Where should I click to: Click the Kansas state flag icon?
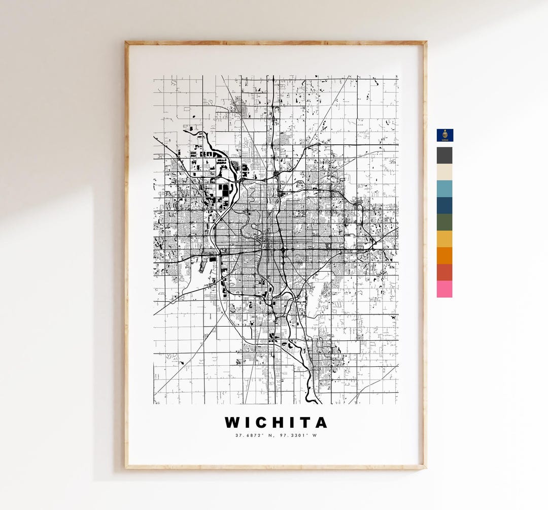pyautogui.click(x=445, y=135)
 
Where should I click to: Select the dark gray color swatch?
pyautogui.click(x=444, y=155)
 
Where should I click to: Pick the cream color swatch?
pyautogui.click(x=444, y=172)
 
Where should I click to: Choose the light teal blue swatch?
pyautogui.click(x=444, y=189)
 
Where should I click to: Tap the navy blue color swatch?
pyautogui.click(x=444, y=206)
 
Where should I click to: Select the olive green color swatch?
pyautogui.click(x=444, y=222)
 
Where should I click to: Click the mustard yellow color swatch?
pyautogui.click(x=444, y=239)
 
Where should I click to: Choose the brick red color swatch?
pyautogui.click(x=444, y=273)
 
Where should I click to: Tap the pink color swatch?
pyautogui.click(x=444, y=289)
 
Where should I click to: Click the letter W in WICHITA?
pyautogui.click(x=233, y=423)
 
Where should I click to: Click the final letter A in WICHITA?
pyautogui.click(x=320, y=423)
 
